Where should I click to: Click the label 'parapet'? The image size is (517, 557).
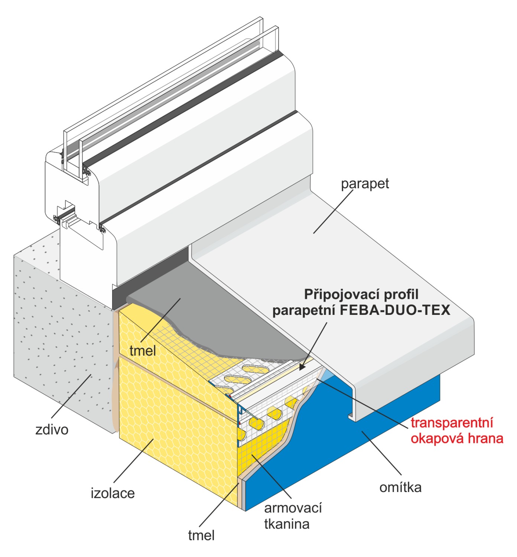click(365, 184)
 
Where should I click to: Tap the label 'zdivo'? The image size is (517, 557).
click(52, 430)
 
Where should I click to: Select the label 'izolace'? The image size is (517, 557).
click(113, 493)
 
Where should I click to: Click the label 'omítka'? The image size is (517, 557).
click(400, 487)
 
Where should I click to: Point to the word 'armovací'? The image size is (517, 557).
click(293, 508)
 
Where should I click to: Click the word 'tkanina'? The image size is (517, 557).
click(287, 524)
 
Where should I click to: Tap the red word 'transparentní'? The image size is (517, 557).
click(452, 423)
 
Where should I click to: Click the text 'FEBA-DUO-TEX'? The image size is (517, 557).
click(395, 310)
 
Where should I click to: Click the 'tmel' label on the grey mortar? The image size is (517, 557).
click(143, 351)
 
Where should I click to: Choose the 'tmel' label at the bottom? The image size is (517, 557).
click(201, 535)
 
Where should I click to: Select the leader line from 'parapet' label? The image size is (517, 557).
click(332, 212)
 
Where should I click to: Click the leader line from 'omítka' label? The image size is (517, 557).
click(383, 453)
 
